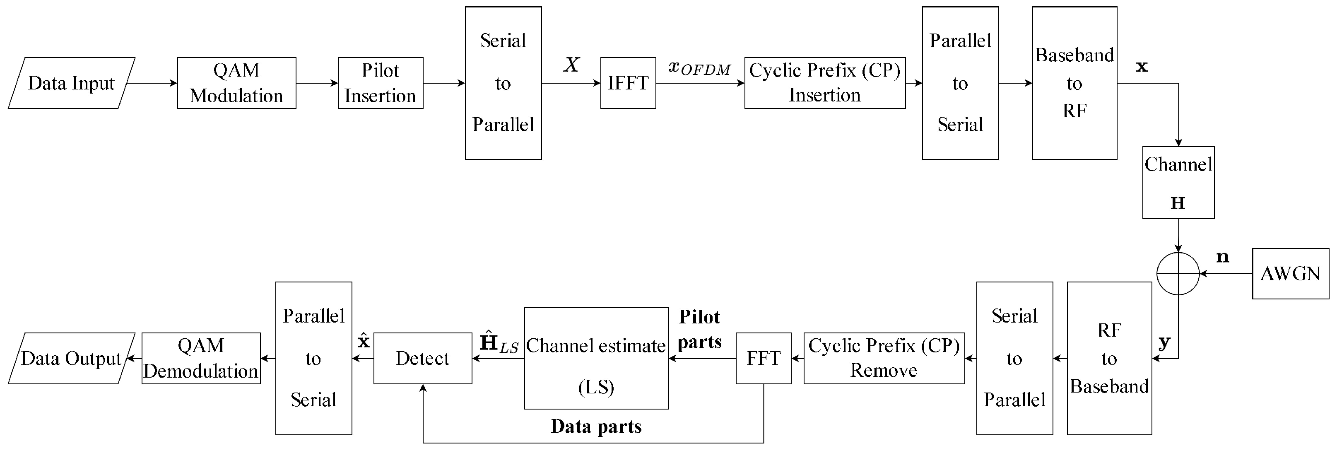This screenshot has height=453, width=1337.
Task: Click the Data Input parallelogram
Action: coord(72,83)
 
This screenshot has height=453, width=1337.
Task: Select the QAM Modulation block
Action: coord(237,83)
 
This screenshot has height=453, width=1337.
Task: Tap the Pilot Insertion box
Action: coord(381,83)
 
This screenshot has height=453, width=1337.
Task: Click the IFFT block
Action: coord(628,83)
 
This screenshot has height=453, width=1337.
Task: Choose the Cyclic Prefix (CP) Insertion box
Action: coord(825,83)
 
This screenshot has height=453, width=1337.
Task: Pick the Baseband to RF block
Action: coord(1074,83)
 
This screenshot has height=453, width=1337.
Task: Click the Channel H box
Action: coord(1178,183)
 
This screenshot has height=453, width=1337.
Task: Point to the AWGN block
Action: coord(1290,273)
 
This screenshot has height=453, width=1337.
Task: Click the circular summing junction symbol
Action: coord(1178,273)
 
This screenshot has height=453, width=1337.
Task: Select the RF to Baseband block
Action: coord(1109,358)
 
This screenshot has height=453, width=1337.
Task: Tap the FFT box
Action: coord(764,358)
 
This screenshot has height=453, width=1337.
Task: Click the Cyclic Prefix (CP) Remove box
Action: coord(884,358)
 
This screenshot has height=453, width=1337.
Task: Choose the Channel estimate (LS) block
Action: coord(596,358)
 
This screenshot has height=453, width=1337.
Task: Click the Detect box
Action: coord(422,358)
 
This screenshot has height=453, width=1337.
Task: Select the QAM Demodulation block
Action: coord(201,358)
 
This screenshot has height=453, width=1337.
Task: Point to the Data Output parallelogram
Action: coord(72,358)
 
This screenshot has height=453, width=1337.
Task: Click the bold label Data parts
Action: coord(596,426)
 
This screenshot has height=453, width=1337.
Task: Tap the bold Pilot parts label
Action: coord(700,330)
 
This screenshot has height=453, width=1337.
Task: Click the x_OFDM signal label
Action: coord(699,68)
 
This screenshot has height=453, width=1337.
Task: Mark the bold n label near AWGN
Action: coord(1223,257)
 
